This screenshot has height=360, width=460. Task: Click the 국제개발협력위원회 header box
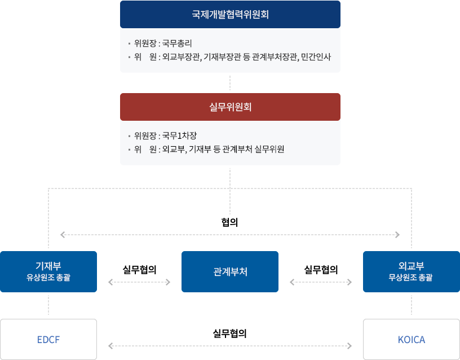pos(230,15)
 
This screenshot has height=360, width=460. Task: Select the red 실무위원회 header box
pos(230,107)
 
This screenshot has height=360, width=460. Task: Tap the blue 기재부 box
pos(48,271)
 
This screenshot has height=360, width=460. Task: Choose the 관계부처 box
pos(230,271)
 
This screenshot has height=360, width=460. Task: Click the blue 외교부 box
pos(410,271)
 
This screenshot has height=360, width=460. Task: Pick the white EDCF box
pos(48,339)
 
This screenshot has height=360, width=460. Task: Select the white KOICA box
pos(411,339)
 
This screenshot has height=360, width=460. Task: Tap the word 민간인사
pos(316,57)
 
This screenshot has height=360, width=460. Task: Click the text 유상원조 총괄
pos(48,277)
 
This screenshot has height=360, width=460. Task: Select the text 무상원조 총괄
pos(410,277)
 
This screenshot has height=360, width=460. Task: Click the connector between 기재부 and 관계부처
pos(139,282)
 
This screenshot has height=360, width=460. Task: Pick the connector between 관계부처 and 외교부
pos(320,282)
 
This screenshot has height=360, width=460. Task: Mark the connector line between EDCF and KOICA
pos(230,345)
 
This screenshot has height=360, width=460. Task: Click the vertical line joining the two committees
pos(230,82)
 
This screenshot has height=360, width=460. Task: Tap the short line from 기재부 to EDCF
pos(48,305)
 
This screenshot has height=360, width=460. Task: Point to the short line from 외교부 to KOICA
pos(411,305)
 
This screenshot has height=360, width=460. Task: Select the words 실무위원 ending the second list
pos(270,150)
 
